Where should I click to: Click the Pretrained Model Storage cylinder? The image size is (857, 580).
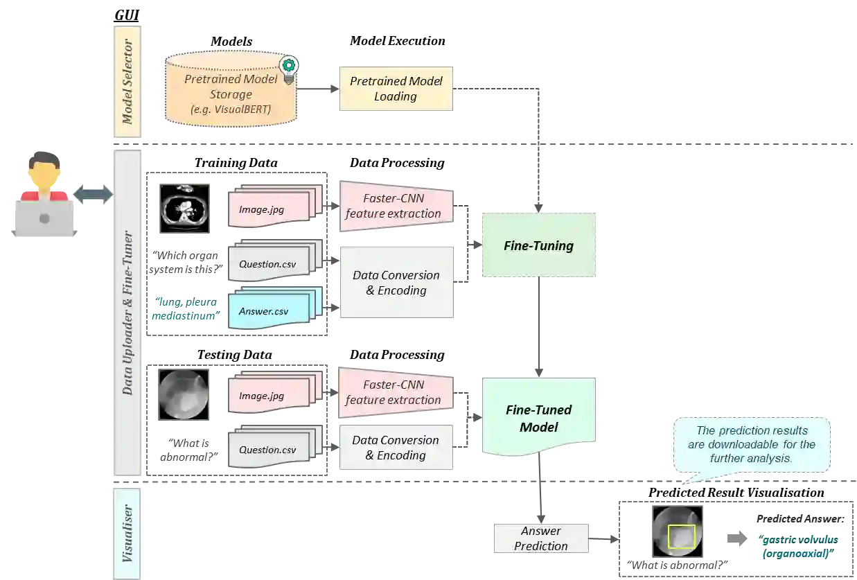tap(231, 90)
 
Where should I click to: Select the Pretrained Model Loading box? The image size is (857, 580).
tap(396, 89)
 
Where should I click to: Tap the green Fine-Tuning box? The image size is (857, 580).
tap(539, 245)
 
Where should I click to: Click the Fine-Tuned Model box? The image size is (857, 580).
tap(539, 419)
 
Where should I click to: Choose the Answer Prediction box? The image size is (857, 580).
tap(540, 538)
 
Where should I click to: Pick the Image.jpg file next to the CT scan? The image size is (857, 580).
tap(270, 208)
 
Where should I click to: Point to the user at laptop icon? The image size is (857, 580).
tap(43, 195)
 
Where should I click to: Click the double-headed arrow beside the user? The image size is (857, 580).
tap(92, 194)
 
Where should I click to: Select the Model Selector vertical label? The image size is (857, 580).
tap(127, 82)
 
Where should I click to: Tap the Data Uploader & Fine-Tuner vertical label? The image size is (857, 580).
tap(127, 312)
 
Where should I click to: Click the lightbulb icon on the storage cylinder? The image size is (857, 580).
tap(288, 68)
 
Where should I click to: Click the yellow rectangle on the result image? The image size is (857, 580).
tap(681, 536)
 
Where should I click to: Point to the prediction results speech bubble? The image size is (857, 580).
tap(752, 444)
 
